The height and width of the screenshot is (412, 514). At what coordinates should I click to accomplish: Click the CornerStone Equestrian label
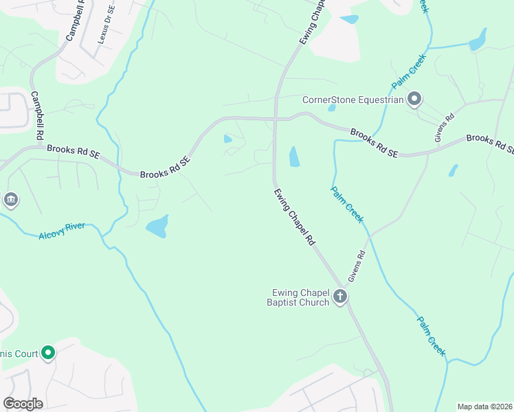pyautogui.click(x=353, y=100)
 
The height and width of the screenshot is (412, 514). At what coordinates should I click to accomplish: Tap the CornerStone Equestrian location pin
pyautogui.click(x=414, y=100)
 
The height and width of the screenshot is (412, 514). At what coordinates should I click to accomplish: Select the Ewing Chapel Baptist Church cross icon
pyautogui.click(x=339, y=297)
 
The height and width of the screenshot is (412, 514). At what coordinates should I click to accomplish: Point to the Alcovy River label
pyautogui.click(x=61, y=230)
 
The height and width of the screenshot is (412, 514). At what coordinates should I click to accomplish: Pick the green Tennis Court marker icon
pyautogui.click(x=47, y=353)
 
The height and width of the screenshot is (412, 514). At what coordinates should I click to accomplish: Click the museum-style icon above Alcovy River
pyautogui.click(x=11, y=201)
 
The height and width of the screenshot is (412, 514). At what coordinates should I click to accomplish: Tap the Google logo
pyautogui.click(x=23, y=404)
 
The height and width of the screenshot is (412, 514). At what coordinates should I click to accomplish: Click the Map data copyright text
pyautogui.click(x=484, y=407)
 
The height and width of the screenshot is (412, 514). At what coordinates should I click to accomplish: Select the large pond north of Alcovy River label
pyautogui.click(x=157, y=226)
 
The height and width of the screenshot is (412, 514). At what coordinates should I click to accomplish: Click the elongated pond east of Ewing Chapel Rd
pyautogui.click(x=295, y=157)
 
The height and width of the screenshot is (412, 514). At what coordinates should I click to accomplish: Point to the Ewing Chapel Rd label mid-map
pyautogui.click(x=293, y=217)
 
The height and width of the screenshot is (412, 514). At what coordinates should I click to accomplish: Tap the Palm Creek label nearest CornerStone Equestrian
pyautogui.click(x=410, y=71)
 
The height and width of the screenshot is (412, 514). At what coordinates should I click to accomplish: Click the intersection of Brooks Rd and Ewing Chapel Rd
pyautogui.click(x=275, y=119)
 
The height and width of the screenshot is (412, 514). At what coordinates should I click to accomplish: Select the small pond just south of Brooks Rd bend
pyautogui.click(x=227, y=139)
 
